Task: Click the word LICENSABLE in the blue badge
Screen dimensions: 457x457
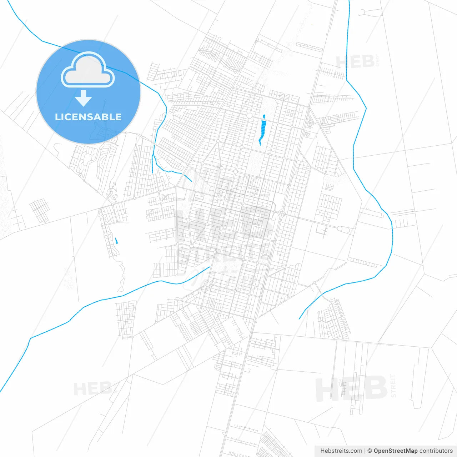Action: [x=88, y=117]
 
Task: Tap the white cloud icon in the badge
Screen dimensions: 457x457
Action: [x=88, y=70]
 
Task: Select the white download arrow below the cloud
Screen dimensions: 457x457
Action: [x=84, y=98]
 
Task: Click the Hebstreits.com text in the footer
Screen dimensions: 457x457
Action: [x=341, y=451]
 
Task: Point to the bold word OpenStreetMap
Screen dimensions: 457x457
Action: [x=395, y=451]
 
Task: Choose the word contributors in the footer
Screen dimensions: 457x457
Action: [x=436, y=451]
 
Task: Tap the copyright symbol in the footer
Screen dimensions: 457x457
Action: [x=370, y=451]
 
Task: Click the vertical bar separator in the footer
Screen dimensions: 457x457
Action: [x=365, y=451]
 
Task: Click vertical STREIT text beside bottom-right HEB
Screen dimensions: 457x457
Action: [x=393, y=386]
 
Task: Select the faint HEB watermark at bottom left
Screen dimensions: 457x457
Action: [x=93, y=388]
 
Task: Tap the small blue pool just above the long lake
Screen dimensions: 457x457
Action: [x=264, y=116]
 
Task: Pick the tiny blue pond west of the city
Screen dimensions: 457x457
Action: [x=116, y=241]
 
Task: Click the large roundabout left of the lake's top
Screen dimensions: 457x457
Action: [x=249, y=116]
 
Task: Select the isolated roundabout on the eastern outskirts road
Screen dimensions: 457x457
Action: [x=340, y=228]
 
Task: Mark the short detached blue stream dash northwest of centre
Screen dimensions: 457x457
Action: [x=188, y=177]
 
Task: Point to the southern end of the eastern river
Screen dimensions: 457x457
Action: [x=299, y=318]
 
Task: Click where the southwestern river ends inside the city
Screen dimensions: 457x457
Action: [x=210, y=266]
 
